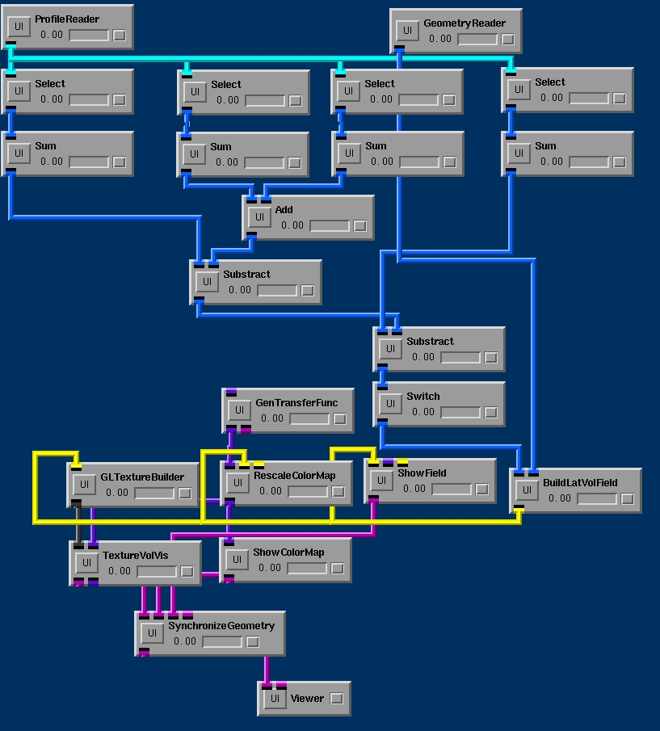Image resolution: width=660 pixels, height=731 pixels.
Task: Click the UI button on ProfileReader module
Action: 19,27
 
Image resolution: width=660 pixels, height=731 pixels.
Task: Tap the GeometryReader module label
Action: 465,23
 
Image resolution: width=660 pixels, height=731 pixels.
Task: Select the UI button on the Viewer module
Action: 275,699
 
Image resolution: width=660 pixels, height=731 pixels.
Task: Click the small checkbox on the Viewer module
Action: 337,699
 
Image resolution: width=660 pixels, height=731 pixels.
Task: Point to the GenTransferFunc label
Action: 296,403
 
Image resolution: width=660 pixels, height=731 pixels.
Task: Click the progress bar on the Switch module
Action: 460,412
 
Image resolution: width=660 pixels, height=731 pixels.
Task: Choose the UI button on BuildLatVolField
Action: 527,490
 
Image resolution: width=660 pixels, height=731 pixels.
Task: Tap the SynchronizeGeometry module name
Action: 221,626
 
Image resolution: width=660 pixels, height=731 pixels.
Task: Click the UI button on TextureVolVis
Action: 86,563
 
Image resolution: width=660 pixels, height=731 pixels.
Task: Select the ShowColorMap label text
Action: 288,552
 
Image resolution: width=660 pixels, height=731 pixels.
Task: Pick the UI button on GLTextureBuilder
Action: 84,485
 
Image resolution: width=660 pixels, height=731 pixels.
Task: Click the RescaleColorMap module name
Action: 295,476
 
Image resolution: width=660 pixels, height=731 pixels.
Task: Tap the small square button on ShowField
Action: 482,489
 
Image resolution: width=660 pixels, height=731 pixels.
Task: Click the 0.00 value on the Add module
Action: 292,225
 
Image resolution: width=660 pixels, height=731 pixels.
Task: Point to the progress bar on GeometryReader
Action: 477,39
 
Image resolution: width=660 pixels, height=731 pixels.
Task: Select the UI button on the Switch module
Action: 391,403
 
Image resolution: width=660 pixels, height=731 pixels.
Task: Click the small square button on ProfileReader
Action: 120,35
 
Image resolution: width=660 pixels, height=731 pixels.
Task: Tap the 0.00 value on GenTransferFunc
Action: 272,418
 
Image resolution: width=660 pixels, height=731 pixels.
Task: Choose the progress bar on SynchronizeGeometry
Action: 222,642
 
